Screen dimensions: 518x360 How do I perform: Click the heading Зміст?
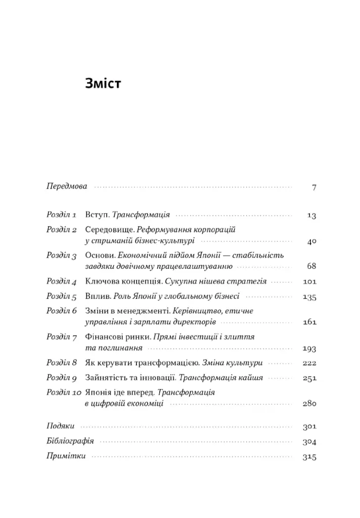103,83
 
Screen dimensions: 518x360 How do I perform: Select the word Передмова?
66,186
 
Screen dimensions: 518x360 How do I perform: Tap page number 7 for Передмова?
313,187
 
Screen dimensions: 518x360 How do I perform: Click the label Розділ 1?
61,214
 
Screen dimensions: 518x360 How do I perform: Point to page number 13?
311,215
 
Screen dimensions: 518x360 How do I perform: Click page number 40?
311,242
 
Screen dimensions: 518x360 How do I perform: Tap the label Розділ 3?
61,255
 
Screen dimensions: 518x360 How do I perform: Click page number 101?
309,282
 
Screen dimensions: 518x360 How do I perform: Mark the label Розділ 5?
61,296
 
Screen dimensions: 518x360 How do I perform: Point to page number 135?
309,297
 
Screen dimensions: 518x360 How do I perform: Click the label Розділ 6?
61,311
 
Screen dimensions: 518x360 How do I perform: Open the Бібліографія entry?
70,441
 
